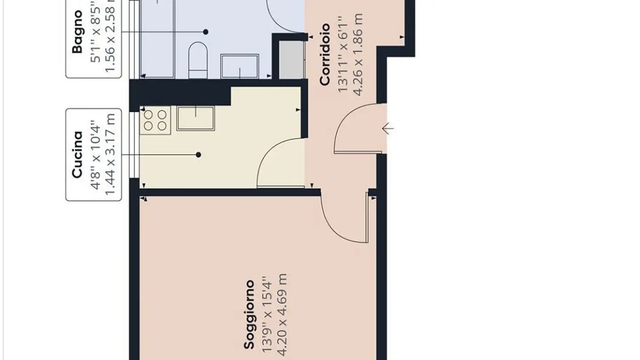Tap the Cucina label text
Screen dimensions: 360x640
(x=77, y=154)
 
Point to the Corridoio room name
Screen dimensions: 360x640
(x=325, y=54)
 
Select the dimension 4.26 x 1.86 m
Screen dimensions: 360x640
(x=358, y=54)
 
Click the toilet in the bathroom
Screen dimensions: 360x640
(x=198, y=60)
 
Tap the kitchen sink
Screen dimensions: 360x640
(x=196, y=118)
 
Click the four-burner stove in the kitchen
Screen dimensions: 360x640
(x=155, y=120)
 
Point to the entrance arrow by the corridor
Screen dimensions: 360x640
(x=388, y=129)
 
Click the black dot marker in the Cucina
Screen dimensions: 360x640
(x=199, y=155)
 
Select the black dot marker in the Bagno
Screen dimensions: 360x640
(x=206, y=32)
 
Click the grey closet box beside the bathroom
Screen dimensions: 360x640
(x=291, y=60)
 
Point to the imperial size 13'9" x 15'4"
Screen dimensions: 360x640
(x=267, y=315)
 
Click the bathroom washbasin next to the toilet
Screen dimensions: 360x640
(x=240, y=67)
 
